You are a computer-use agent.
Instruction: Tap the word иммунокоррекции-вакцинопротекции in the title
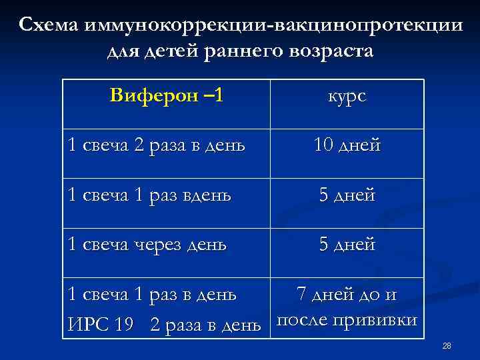tap(273, 25)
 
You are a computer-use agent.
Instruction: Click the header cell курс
tap(347, 96)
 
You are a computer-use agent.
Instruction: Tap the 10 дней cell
tap(347, 145)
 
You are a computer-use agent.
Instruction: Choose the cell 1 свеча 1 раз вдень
tap(150, 195)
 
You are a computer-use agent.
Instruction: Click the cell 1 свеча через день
tap(147, 245)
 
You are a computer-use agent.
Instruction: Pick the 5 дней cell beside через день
tap(347, 245)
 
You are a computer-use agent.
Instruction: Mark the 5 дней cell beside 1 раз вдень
tap(347, 195)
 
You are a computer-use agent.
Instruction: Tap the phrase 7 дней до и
tap(347, 293)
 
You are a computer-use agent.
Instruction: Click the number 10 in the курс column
tap(325, 145)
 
